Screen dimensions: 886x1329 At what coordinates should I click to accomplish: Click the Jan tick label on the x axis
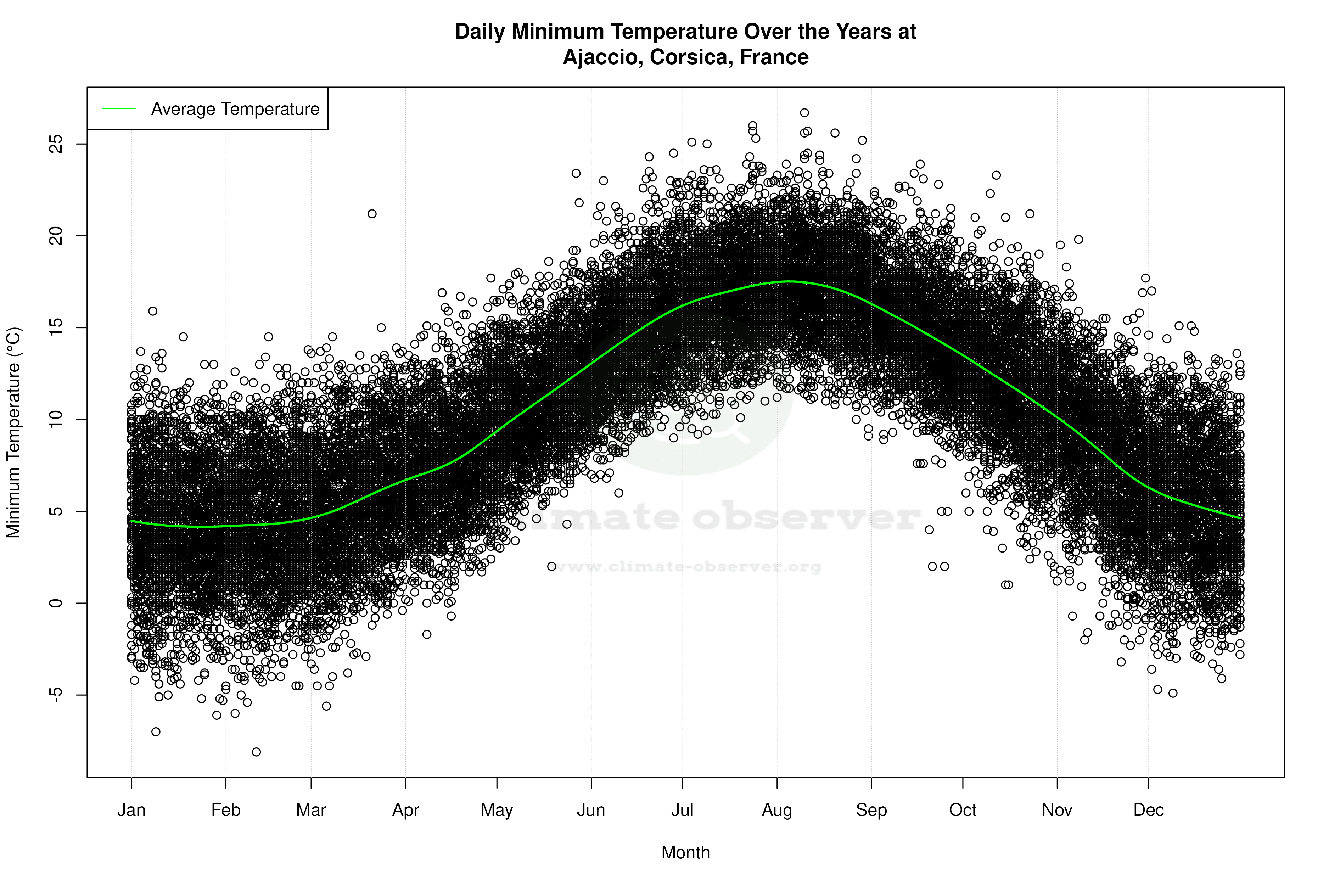point(131,810)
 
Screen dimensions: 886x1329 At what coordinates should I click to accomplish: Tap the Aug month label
point(776,810)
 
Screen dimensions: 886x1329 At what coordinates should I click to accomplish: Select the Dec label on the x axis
point(1148,810)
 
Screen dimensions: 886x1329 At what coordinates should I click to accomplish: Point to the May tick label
point(496,810)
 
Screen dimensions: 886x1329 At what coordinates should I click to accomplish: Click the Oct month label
point(962,810)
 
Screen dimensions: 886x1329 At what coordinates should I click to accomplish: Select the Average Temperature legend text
point(235,109)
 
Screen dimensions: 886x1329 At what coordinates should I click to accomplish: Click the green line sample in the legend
point(119,108)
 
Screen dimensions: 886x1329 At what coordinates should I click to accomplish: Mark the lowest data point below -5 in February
point(256,752)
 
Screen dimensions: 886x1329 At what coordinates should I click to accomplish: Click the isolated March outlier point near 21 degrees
point(372,214)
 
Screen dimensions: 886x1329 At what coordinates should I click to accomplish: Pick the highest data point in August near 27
point(804,113)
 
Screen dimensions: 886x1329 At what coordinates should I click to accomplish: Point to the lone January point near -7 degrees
point(156,732)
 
